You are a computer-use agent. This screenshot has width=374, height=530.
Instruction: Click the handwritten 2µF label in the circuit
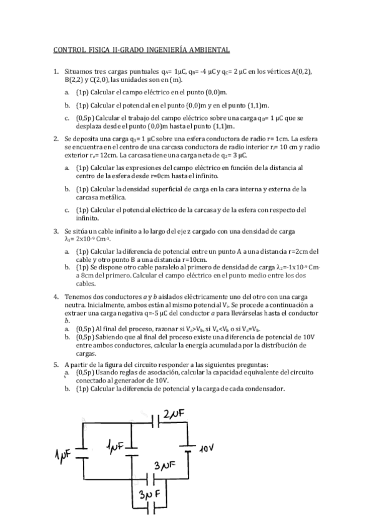click(174, 415)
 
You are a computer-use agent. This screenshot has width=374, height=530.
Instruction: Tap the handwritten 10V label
click(207, 448)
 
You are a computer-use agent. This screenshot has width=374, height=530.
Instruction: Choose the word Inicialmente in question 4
click(96, 305)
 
